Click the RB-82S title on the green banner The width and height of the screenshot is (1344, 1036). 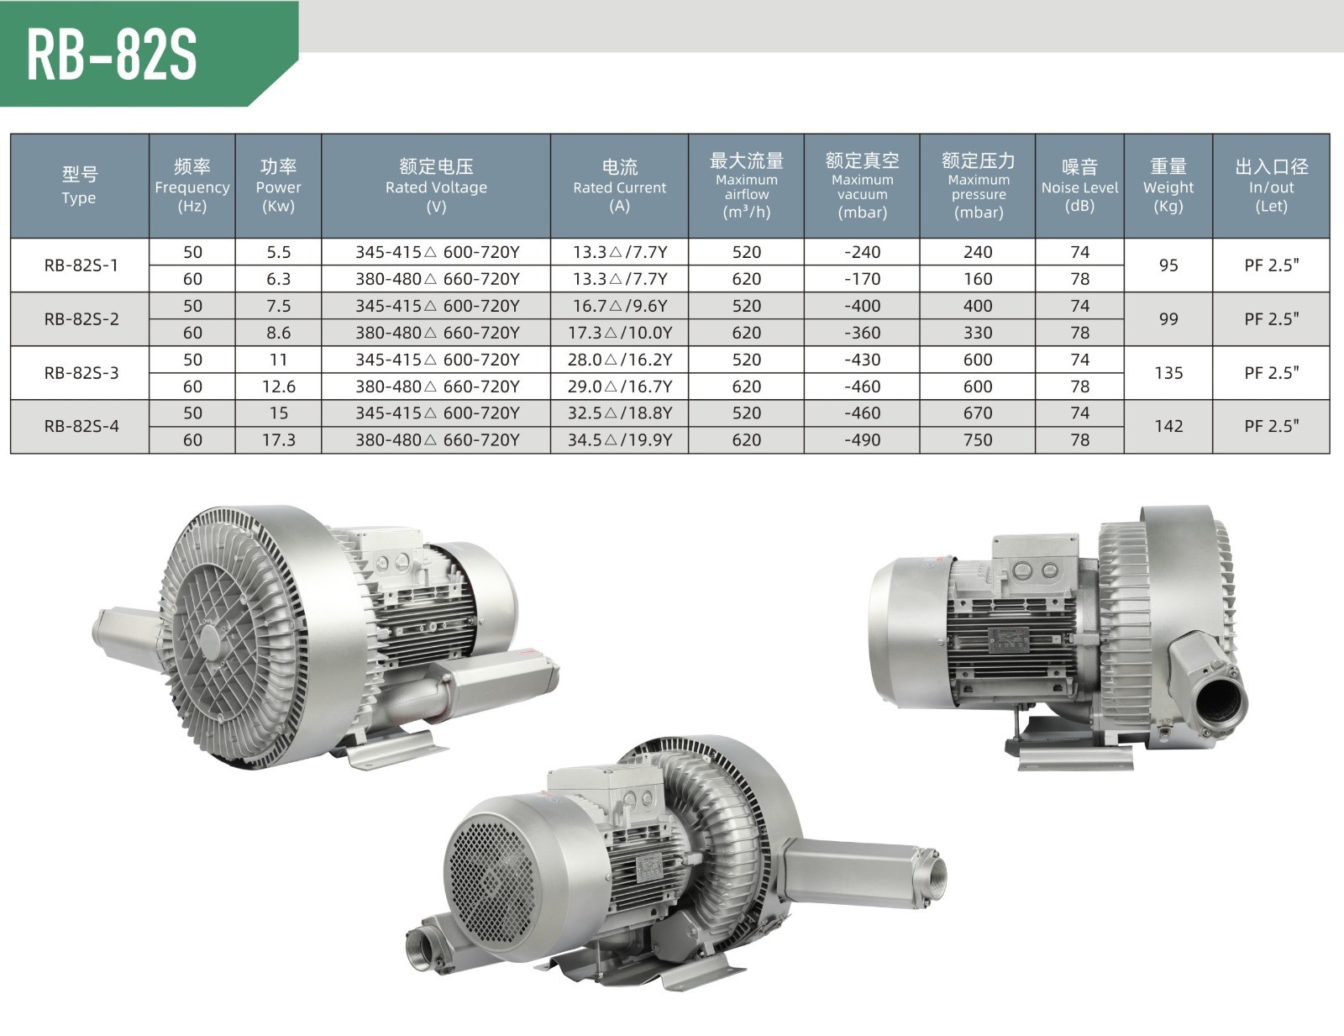click(112, 55)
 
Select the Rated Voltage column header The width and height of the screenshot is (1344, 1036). click(436, 186)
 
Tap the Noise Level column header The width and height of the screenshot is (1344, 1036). click(1079, 186)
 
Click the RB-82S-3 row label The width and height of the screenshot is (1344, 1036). click(81, 373)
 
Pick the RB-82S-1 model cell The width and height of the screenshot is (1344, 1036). click(81, 266)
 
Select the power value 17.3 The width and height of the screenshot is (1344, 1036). click(278, 439)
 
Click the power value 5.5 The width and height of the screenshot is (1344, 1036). click(278, 252)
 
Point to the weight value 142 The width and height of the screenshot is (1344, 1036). click(1168, 426)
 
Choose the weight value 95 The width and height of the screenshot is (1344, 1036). click(1168, 266)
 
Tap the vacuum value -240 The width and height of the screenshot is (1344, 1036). click(862, 252)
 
